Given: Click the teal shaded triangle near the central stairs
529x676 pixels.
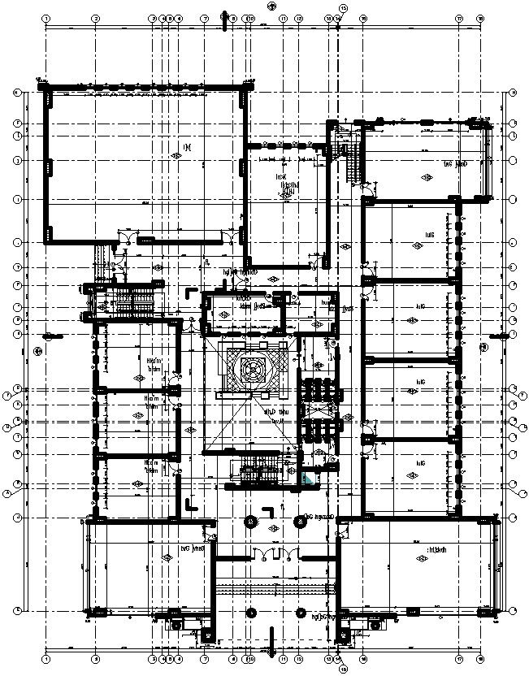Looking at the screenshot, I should (306, 479).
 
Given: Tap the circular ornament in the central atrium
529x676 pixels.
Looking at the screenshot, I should (250, 370).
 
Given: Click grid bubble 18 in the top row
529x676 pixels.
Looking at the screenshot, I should (480, 18).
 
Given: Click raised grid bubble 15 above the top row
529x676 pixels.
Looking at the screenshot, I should (342, 8).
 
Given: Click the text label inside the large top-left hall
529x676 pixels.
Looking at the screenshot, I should (186, 147).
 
